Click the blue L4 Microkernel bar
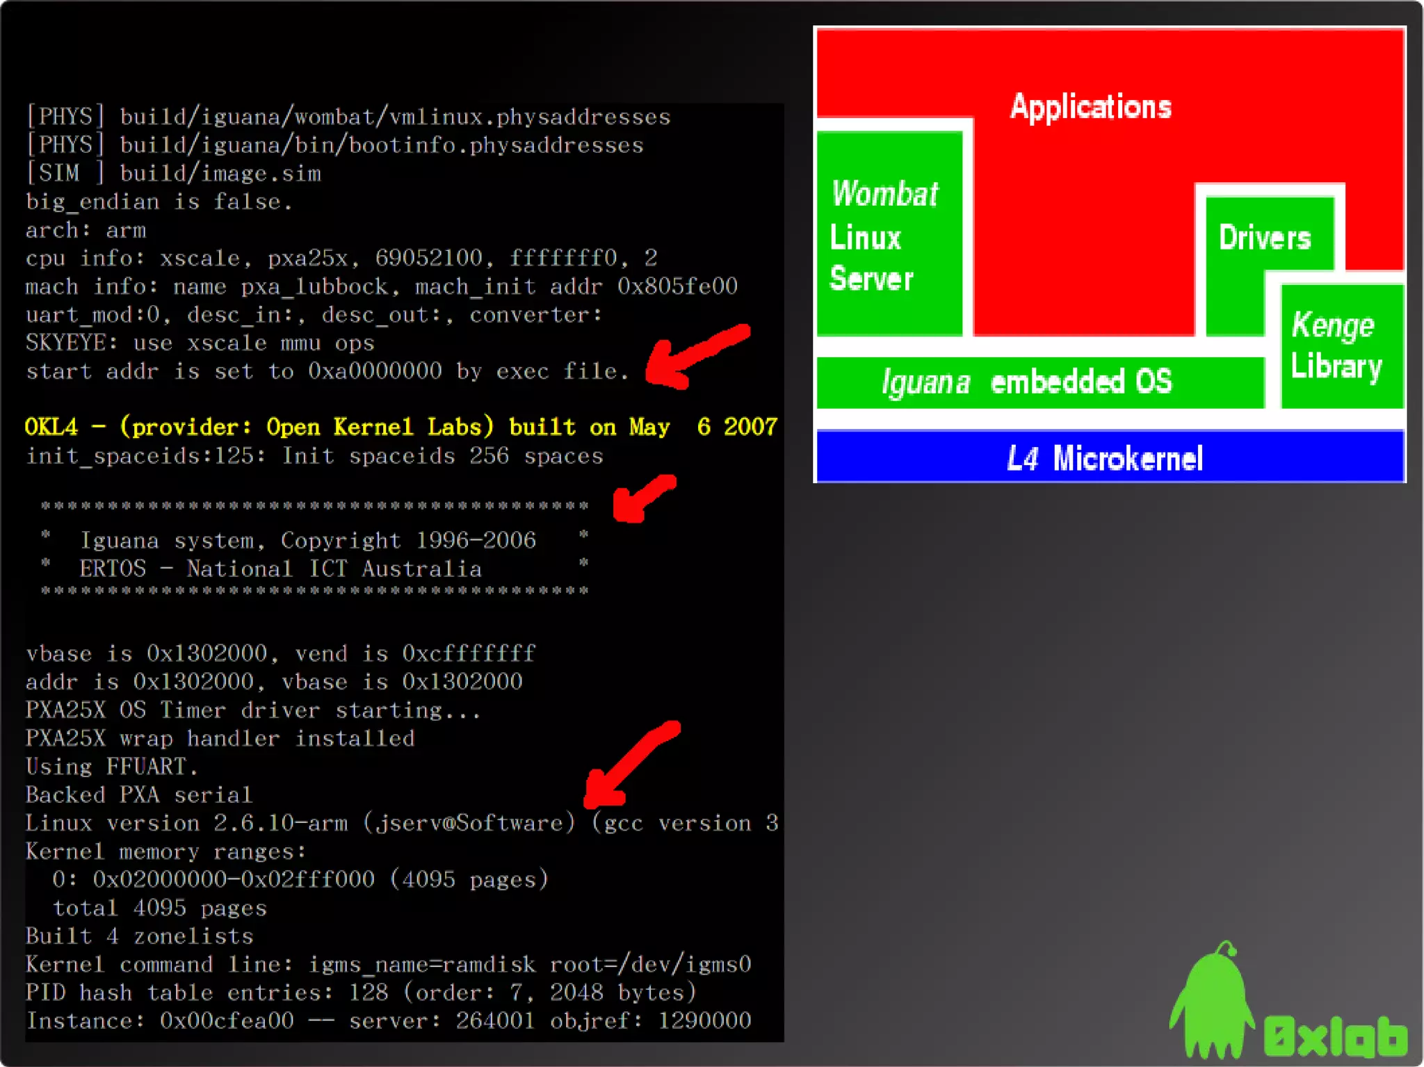coord(1110,457)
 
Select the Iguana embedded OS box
coord(1039,382)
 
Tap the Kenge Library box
coord(1341,346)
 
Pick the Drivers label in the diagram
coord(1265,238)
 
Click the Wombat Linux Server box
coord(889,235)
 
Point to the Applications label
coord(1090,107)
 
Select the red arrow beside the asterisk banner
coord(642,498)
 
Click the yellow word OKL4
coord(51,427)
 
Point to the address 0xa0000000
coord(375,371)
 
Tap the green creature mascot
coord(1211,1001)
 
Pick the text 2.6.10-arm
coord(280,823)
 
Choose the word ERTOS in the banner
coord(113,569)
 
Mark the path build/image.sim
coord(220,173)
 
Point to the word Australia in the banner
coord(421,569)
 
